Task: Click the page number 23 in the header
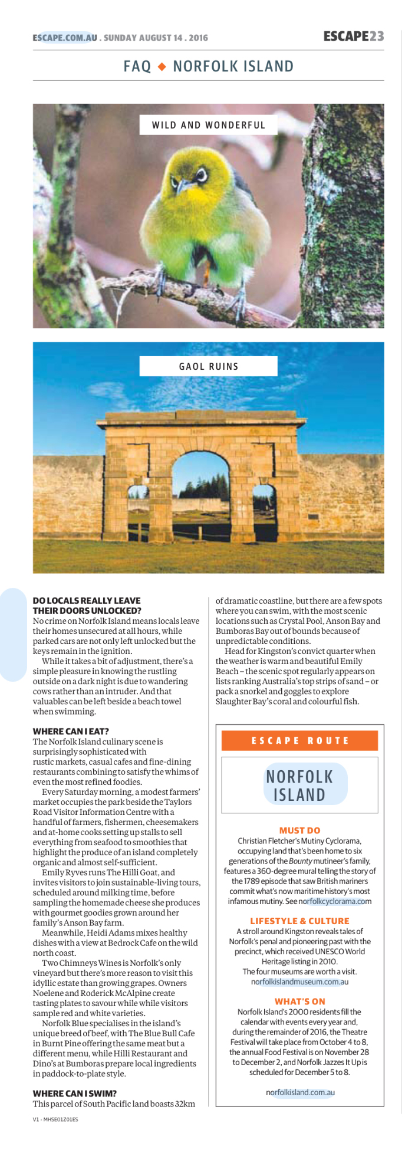pos(377,37)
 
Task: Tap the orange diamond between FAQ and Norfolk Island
pos(162,67)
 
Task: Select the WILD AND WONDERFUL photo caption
pos(208,125)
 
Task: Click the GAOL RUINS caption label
pos(208,366)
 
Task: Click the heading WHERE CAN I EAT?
pos(71,731)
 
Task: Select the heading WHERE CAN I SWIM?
pos(74,1093)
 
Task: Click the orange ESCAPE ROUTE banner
pos(299,741)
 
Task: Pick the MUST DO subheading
pos(299,830)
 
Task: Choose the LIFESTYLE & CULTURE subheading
pos(299,921)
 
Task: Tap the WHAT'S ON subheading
pos(299,1001)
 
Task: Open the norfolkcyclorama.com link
pos(335,901)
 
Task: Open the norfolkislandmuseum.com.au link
pos(299,982)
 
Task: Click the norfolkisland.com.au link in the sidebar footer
pos(299,1092)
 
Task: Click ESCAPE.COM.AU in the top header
pos(65,38)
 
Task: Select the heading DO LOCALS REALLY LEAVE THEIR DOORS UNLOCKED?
pos(87,606)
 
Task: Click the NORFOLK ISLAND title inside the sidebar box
pos(299,786)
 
